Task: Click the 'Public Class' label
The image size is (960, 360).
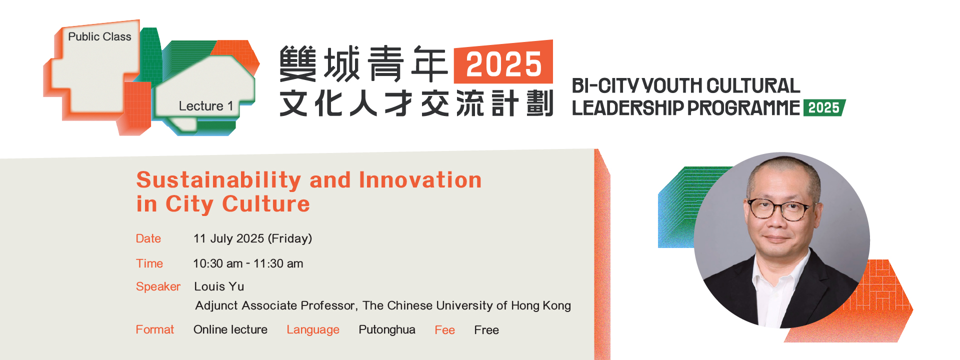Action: [99, 36]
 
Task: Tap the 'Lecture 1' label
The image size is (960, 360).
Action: [206, 106]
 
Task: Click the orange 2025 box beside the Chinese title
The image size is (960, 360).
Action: [503, 62]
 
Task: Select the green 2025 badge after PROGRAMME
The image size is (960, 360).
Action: [824, 108]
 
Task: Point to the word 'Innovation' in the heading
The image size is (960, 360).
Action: [420, 180]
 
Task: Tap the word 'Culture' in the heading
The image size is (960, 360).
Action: [266, 204]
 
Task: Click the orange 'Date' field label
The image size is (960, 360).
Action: [148, 238]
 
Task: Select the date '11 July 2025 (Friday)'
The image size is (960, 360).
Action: [252, 238]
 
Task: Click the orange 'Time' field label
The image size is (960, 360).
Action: [149, 263]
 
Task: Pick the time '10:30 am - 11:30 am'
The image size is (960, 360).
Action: [248, 263]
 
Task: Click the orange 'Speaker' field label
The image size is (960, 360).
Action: [158, 287]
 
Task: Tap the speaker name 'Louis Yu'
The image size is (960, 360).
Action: [219, 286]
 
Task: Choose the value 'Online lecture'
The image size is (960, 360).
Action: [230, 329]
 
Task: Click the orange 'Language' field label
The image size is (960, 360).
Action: [313, 330]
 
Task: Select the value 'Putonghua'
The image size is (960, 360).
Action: [387, 330]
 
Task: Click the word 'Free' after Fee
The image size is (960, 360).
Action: [486, 330]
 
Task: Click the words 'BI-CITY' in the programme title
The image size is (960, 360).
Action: [605, 86]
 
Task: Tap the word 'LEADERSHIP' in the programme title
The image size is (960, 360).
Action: [627, 108]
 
